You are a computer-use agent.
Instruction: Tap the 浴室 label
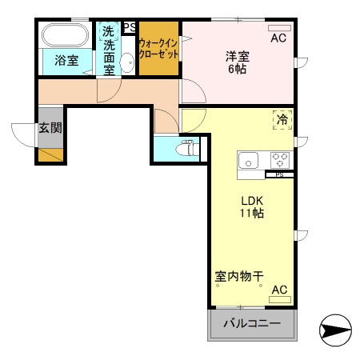(x=66, y=60)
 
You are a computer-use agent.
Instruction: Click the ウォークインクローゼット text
(x=158, y=50)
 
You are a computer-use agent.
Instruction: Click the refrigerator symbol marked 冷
(x=282, y=119)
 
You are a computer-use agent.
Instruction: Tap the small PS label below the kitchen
(x=279, y=174)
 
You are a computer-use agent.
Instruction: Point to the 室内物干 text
(x=239, y=277)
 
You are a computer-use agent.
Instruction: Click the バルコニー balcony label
(x=251, y=324)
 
